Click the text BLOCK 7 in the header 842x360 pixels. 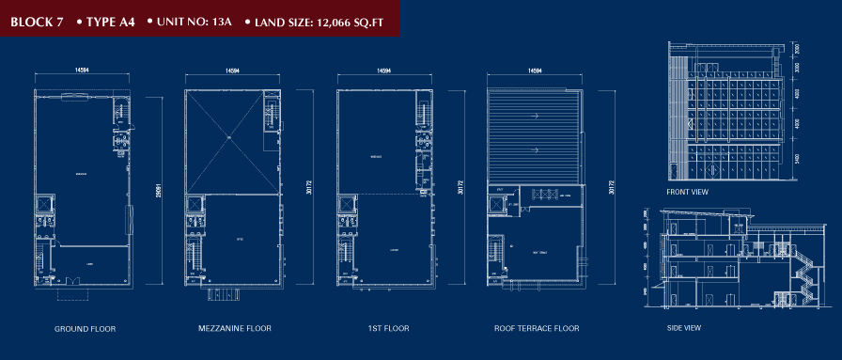(37, 20)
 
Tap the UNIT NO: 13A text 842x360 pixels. (189, 20)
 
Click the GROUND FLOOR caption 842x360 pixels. (85, 329)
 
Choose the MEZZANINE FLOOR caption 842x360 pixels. (235, 329)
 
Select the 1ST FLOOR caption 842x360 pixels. (383, 329)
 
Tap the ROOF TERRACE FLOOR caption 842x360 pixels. (537, 329)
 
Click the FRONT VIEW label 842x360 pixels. (687, 192)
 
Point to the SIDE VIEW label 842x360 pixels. (683, 327)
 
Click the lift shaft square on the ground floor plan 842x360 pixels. (45, 204)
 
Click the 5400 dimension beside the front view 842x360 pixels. (795, 159)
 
